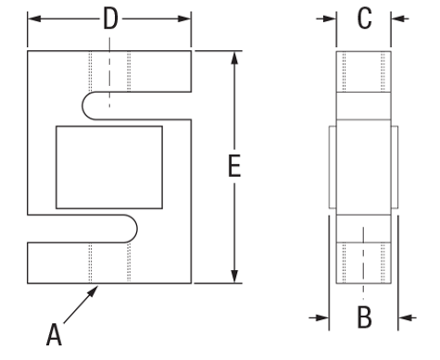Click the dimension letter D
click(x=110, y=19)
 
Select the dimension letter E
click(x=234, y=166)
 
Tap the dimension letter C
click(x=364, y=19)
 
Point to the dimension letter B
click(x=364, y=317)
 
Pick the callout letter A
click(x=54, y=334)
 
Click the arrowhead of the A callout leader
click(x=94, y=291)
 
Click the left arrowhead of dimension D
click(x=34, y=19)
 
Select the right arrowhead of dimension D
click(x=184, y=19)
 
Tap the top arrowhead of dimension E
click(x=234, y=57)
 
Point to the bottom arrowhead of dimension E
click(x=234, y=277)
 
